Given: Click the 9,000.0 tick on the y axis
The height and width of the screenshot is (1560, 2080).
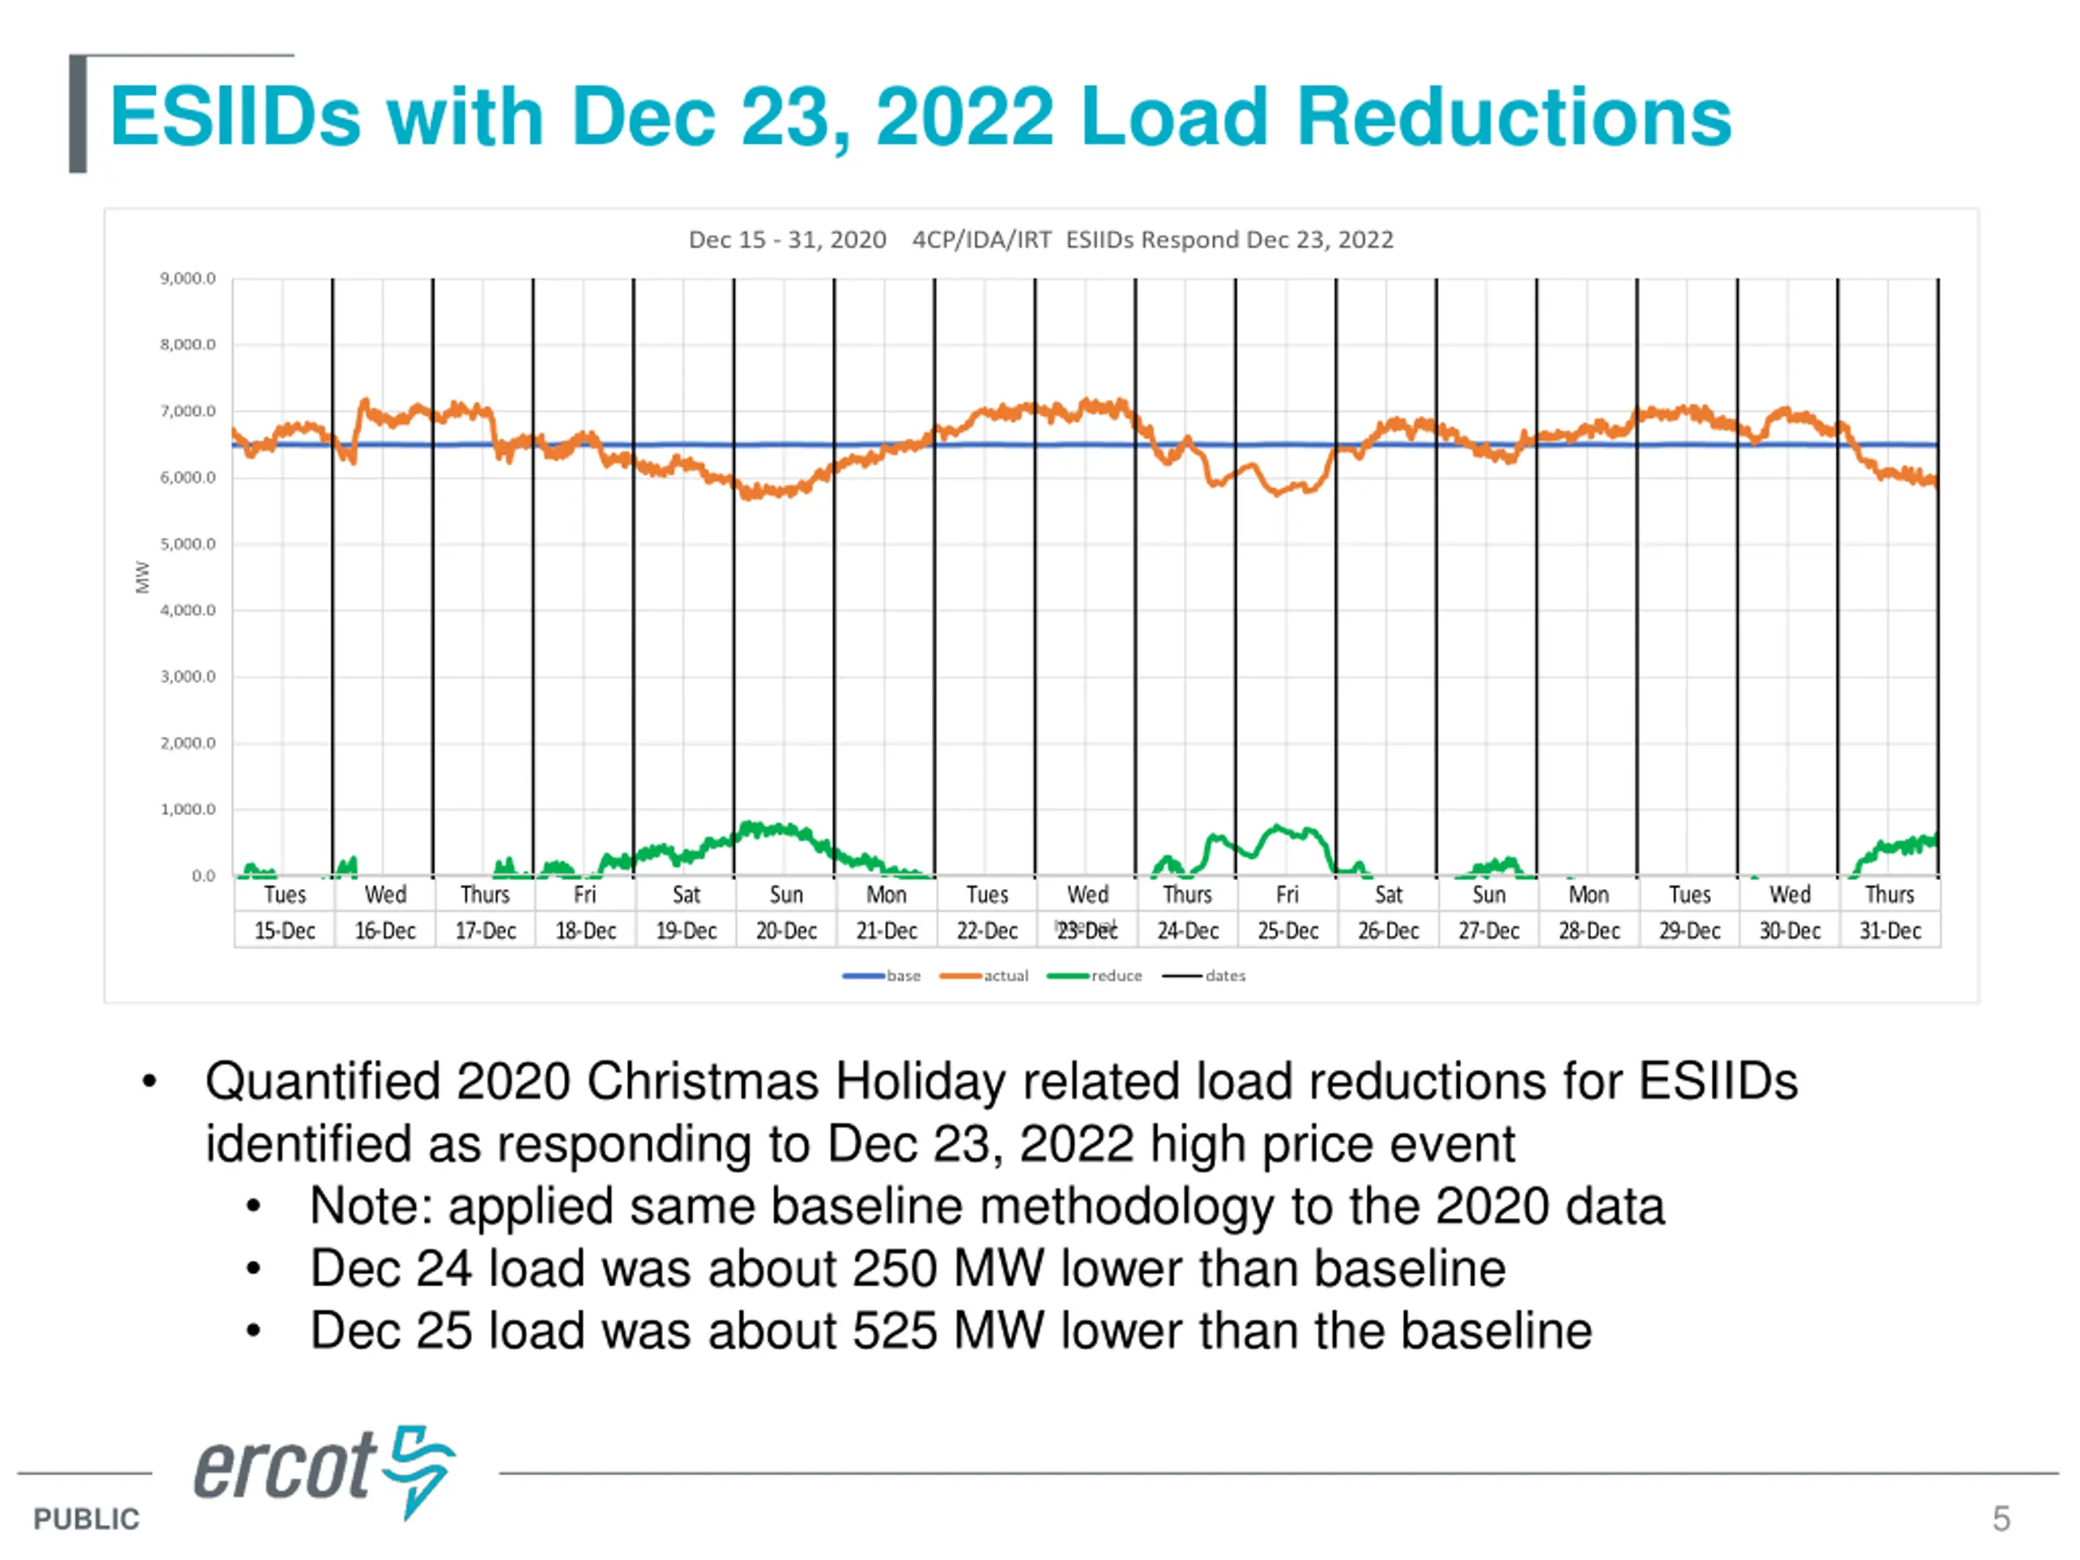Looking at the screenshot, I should coord(187,279).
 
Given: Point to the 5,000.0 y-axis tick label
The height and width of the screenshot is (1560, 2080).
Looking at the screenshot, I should coord(187,544).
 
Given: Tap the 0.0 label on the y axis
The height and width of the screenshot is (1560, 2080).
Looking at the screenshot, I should coord(203,875).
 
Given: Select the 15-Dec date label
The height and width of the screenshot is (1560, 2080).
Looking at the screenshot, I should coord(284,930).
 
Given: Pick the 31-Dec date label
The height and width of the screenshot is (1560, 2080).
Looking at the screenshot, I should coord(1889,930).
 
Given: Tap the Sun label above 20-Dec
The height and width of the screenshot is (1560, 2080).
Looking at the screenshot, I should coord(786,895).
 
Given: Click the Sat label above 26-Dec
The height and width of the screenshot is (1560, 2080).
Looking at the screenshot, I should coord(1388,895).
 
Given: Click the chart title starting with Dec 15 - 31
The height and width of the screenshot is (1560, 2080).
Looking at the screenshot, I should coord(1040,240).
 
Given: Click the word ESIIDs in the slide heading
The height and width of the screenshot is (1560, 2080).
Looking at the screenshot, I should coord(235,117).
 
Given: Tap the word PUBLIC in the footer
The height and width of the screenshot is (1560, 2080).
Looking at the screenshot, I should coord(85,1519).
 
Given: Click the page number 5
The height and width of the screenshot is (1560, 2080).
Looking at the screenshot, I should coord(2001,1518).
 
